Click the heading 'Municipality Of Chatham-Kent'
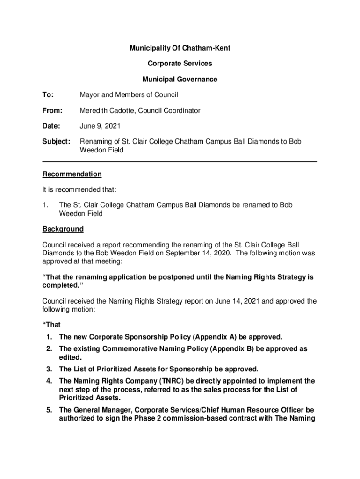pyautogui.click(x=180, y=48)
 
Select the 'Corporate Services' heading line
pyautogui.click(x=180, y=64)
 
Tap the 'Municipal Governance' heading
pyautogui.click(x=180, y=80)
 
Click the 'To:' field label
pyautogui.click(x=48, y=95)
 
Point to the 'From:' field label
pyautogui.click(x=52, y=111)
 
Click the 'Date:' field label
pyautogui.click(x=51, y=126)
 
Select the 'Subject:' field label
pyautogui.click(x=56, y=142)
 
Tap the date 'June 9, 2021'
pyautogui.click(x=101, y=126)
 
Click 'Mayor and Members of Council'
pyautogui.click(x=129, y=95)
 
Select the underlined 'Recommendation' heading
pyautogui.click(x=72, y=174)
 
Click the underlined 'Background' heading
pyautogui.click(x=63, y=229)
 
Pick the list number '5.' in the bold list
pyautogui.click(x=49, y=410)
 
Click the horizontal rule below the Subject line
pyautogui.click(x=180, y=162)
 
